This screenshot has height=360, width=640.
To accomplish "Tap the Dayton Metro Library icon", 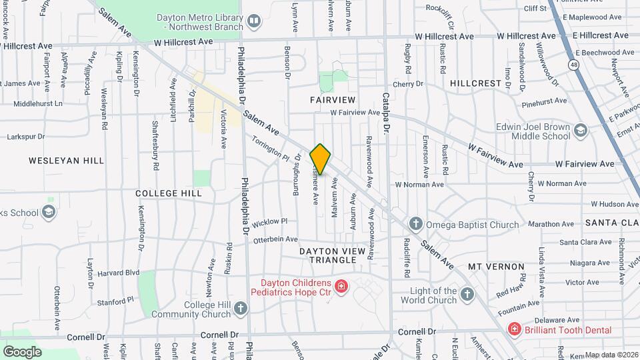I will click(x=253, y=22).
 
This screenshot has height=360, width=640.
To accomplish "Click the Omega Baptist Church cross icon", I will click(x=415, y=224).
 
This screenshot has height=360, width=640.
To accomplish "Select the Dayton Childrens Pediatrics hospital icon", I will click(x=341, y=286).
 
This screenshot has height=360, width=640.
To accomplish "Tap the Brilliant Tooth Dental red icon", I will click(x=514, y=329).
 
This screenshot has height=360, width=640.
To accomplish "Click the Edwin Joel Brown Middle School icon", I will click(x=580, y=130).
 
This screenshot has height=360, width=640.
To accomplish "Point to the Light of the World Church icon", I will click(x=467, y=294).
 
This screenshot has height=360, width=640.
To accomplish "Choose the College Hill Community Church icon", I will click(x=240, y=308).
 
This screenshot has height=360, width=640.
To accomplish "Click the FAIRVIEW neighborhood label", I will click(x=333, y=99).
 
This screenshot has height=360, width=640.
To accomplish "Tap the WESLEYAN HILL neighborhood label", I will click(x=66, y=161).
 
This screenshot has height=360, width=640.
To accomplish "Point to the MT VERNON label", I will click(x=496, y=266).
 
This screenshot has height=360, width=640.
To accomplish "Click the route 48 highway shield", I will click(x=573, y=64).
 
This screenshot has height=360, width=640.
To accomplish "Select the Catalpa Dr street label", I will click(x=386, y=113).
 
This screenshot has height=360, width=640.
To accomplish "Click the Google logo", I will click(x=22, y=351).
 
